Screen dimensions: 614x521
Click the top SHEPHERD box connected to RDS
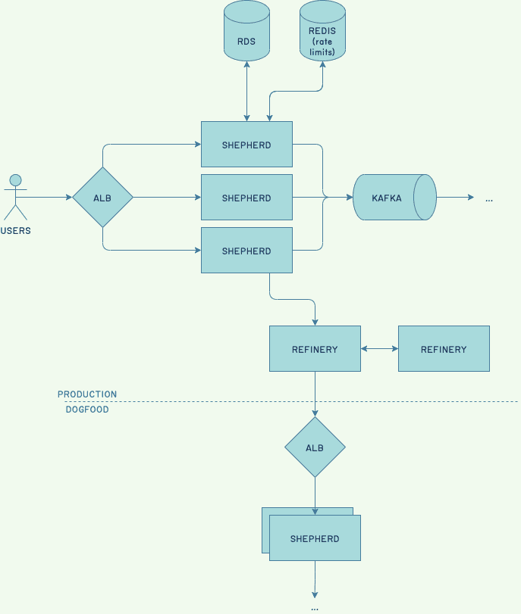pyautogui.click(x=246, y=145)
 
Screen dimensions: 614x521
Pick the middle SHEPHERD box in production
pyautogui.click(x=246, y=198)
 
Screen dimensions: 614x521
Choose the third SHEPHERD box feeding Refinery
pyautogui.click(x=246, y=251)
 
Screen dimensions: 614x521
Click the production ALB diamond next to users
pyautogui.click(x=102, y=198)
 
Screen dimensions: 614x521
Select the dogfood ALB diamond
pyautogui.click(x=315, y=447)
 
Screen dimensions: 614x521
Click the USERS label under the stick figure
pyautogui.click(x=16, y=230)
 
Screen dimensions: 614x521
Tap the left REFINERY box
pyautogui.click(x=315, y=349)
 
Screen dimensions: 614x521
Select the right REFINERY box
pyautogui.click(x=444, y=349)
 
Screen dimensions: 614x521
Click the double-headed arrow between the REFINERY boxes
pyautogui.click(x=379, y=349)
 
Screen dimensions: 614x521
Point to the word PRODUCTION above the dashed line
pyautogui.click(x=87, y=394)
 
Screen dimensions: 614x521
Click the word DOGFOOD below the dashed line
pyautogui.click(x=87, y=410)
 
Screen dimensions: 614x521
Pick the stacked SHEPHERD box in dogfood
pyautogui.click(x=315, y=539)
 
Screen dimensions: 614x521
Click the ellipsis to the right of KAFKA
pyautogui.click(x=489, y=198)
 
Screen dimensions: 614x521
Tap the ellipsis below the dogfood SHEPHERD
pyautogui.click(x=315, y=607)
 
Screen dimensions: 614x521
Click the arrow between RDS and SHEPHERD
pyautogui.click(x=246, y=91)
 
